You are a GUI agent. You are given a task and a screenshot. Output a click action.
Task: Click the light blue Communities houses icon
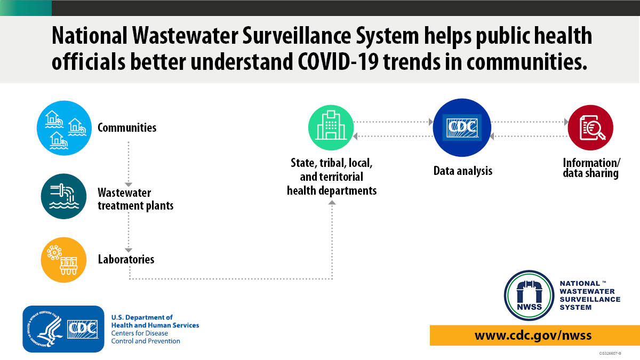coord(63,128)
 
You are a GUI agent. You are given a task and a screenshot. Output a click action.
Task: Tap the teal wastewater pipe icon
coord(63,196)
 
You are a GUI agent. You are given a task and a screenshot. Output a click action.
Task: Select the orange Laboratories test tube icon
coord(63,260)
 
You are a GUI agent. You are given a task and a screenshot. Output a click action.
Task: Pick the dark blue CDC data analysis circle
coord(461,128)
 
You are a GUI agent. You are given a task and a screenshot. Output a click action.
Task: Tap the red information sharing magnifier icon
coord(590,128)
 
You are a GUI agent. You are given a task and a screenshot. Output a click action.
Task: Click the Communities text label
coord(127,128)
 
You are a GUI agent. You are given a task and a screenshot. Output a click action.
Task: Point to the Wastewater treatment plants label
coord(135,199)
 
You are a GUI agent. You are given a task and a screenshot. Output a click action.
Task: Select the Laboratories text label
coord(126,260)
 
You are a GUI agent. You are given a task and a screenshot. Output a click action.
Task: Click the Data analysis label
coord(462,171)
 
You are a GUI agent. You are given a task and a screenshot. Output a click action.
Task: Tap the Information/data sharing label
coord(590,168)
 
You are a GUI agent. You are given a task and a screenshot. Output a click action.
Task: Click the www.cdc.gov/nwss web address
coord(533,335)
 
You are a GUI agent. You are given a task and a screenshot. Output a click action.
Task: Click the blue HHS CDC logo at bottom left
coord(63,329)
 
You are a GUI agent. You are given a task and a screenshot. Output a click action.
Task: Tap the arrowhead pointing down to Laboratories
coord(129,249)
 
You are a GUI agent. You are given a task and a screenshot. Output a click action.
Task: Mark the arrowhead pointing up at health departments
coord(332,203)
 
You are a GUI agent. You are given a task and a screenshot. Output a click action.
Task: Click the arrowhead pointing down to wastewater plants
coord(129,184)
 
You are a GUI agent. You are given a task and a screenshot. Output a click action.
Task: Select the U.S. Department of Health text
coord(155,322)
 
